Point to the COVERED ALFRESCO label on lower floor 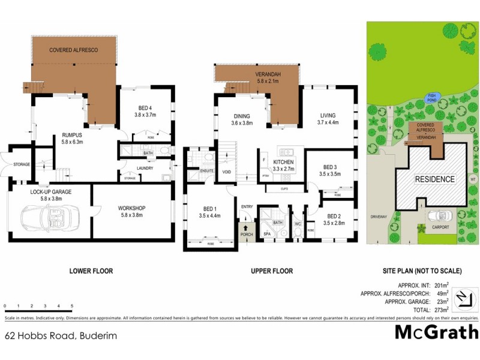(x=73, y=50)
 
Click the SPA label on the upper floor (x=268, y=233)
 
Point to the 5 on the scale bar (x=72, y=307)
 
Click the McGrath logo (x=436, y=332)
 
